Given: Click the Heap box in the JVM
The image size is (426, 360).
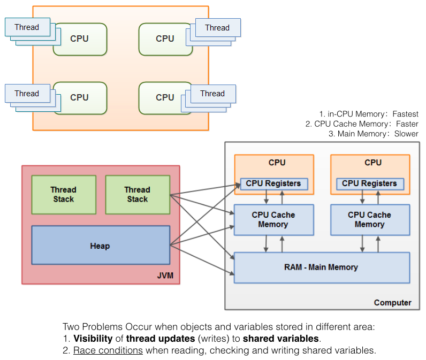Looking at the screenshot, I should (x=101, y=246).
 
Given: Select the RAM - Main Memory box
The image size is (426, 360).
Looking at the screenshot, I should (x=321, y=267).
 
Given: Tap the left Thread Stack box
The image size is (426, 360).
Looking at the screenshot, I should (x=63, y=194).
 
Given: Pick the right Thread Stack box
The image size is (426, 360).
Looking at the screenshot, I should (x=137, y=194).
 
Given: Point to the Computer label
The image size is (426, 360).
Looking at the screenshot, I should (x=392, y=302).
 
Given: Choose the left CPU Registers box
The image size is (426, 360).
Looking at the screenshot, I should (x=273, y=183).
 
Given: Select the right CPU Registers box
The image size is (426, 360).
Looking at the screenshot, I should (x=369, y=183).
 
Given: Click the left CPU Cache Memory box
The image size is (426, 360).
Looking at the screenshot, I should (x=273, y=219).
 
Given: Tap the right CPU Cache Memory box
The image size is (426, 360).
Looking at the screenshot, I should (x=369, y=219).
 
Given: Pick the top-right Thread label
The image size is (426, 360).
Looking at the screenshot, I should (x=217, y=28).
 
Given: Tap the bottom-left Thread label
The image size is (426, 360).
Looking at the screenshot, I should (x=27, y=93).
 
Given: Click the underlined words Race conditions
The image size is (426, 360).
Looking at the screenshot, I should (x=108, y=350).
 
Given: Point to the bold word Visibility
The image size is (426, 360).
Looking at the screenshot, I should (x=93, y=339).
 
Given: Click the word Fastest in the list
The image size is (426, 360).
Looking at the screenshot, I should (x=405, y=114).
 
